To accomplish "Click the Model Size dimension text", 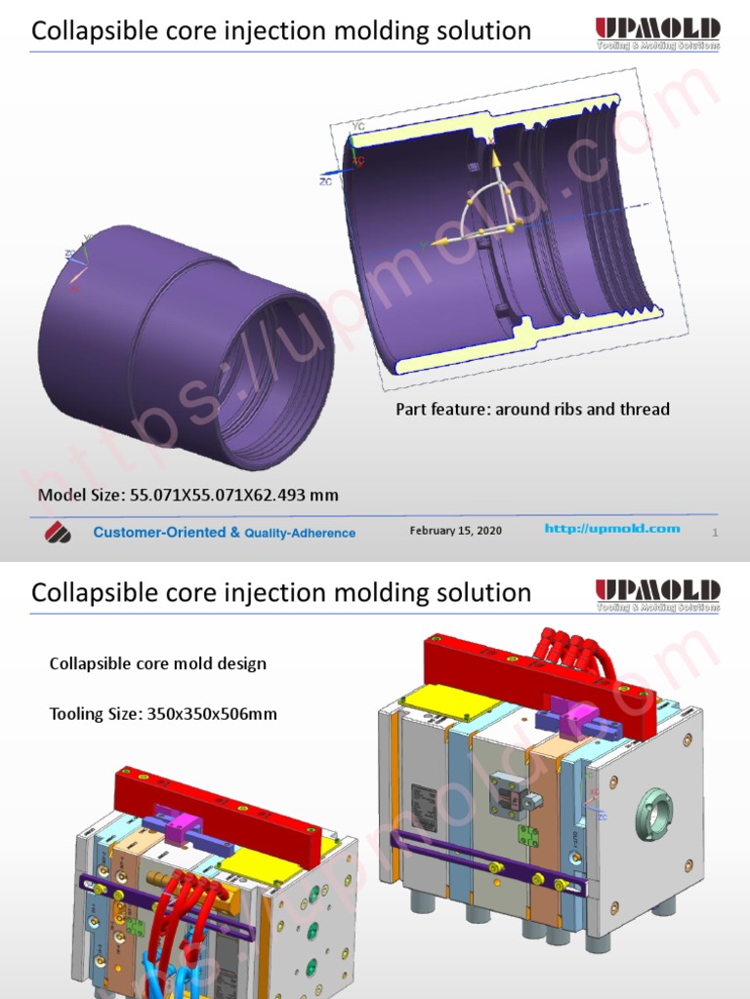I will pyautogui.click(x=188, y=495).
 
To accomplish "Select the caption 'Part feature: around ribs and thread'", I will pyautogui.click(x=532, y=409).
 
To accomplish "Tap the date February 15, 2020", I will pyautogui.click(x=455, y=530).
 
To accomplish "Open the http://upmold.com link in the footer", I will pyautogui.click(x=611, y=529).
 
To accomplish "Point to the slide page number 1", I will pyautogui.click(x=715, y=533).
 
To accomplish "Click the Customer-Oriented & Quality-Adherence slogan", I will pyautogui.click(x=224, y=533).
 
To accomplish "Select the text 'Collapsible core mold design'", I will pyautogui.click(x=157, y=663).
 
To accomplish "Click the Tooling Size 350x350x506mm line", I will pyautogui.click(x=163, y=714).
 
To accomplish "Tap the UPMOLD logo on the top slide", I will pyautogui.click(x=657, y=32).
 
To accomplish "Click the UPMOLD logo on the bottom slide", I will pyautogui.click(x=657, y=593).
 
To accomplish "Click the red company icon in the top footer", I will pyautogui.click(x=58, y=533).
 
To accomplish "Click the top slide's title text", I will pyautogui.click(x=281, y=31).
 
